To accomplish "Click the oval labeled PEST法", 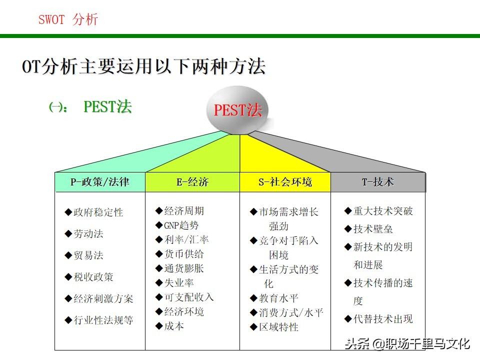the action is (238, 110).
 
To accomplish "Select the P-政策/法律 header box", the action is (100, 182).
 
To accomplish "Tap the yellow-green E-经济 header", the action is (192, 182).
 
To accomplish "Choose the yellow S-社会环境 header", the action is (285, 182).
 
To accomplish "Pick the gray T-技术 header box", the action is (378, 182).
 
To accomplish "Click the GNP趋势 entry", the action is (177, 225).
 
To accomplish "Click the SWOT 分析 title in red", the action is (68, 19).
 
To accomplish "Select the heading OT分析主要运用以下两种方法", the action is (144, 67).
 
